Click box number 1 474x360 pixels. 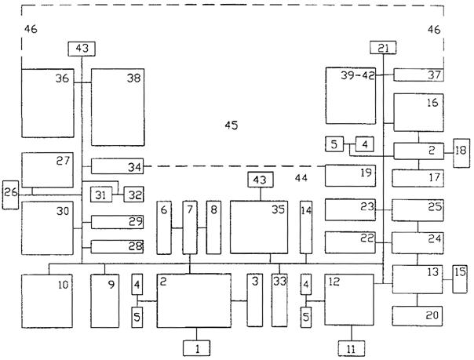[x=196, y=348]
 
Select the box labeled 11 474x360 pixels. [x=351, y=348]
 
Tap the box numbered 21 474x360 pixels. [x=383, y=47]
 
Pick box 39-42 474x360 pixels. [x=351, y=96]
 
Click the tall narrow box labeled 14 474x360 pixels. [x=306, y=227]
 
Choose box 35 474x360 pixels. [x=259, y=227]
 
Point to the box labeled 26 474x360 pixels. [x=10, y=195]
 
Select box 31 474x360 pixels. [x=101, y=195]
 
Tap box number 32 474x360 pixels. [x=133, y=195]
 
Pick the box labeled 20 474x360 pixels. [x=417, y=316]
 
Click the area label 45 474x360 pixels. [x=232, y=125]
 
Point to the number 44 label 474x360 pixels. [x=301, y=178]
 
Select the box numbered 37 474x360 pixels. [x=419, y=75]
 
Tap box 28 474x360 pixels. [x=117, y=247]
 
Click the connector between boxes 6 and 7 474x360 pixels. [x=177, y=228]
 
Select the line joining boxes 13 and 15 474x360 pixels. [x=447, y=280]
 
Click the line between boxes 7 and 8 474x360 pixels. [x=202, y=227]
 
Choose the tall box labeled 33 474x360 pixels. [x=279, y=300]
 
